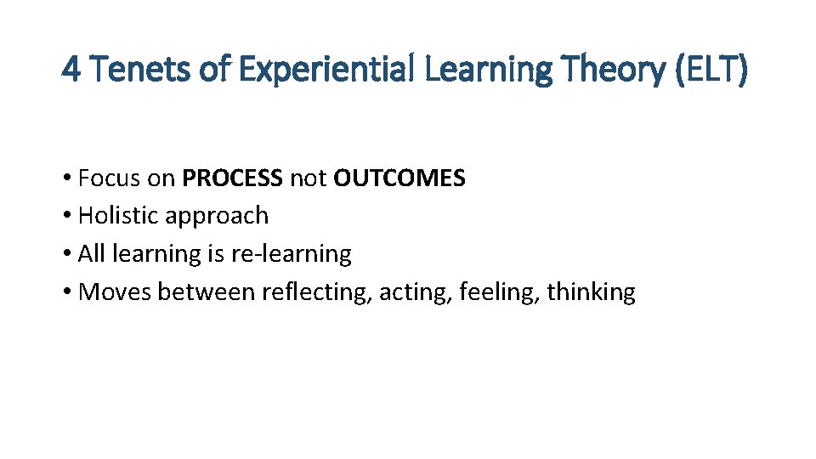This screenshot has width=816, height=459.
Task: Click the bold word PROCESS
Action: point(232,178)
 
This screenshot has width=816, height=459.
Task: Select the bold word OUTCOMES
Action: point(399,178)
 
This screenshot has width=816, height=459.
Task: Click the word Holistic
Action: point(118,216)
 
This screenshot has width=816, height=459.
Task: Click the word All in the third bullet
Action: point(90,253)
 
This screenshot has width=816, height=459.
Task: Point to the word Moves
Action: point(115,292)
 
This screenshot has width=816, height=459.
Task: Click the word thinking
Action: point(591,292)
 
